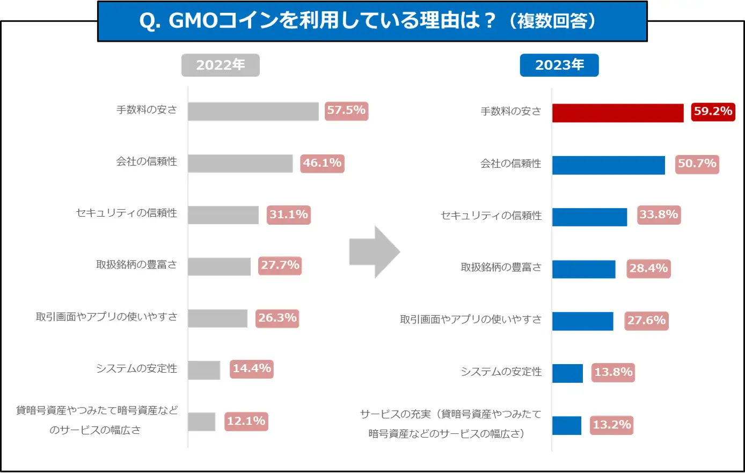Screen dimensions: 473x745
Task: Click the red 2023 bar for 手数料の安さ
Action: coord(617,113)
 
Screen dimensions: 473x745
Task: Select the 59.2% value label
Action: coord(713,111)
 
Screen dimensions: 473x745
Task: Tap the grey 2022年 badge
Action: coord(220,65)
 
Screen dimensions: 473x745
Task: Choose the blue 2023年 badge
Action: coord(559,65)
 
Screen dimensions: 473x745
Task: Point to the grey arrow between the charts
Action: coord(374,252)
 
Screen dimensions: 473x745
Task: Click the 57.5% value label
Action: coord(346,110)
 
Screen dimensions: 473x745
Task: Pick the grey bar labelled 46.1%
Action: coord(240,164)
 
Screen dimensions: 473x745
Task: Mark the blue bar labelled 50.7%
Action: coord(608,165)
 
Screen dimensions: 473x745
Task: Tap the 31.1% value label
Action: coord(289,215)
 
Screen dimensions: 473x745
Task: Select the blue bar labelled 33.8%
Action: coord(589,217)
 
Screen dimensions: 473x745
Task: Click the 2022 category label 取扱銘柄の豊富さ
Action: coord(136,264)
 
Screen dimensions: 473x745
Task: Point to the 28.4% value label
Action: coord(648,268)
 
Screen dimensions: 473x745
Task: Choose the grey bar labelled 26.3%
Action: coord(217,318)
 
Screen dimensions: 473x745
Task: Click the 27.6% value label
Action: coord(646,321)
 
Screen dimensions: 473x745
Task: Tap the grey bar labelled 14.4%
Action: coord(204,370)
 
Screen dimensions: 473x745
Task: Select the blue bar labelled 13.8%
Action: coord(567,373)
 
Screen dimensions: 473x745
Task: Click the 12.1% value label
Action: coord(246,422)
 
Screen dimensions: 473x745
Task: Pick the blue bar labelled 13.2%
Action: coord(566,425)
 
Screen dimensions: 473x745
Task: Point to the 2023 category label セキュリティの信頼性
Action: coord(491,216)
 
